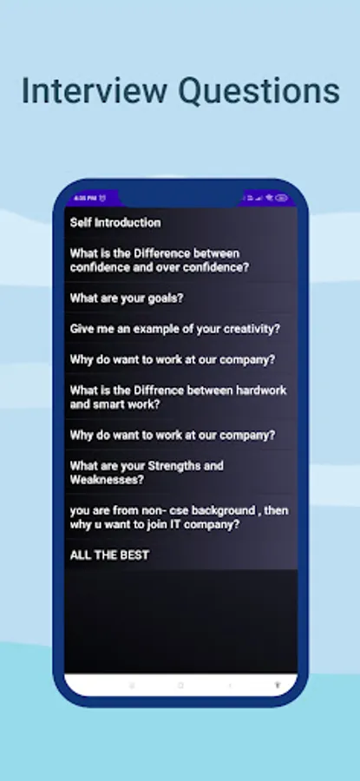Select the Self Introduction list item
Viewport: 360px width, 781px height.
[115, 222]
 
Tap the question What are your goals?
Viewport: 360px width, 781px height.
[127, 299]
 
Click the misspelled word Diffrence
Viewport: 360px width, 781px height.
[156, 390]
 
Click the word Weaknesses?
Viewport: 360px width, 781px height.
[107, 479]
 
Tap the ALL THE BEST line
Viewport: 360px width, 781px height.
[109, 555]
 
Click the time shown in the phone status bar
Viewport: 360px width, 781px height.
[85, 198]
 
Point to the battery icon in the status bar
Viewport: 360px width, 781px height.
[282, 198]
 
